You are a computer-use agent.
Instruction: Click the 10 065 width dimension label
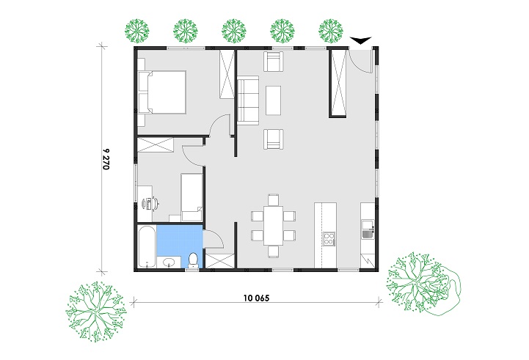[x=256, y=298]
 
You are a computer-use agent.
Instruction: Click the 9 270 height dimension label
[x=105, y=158]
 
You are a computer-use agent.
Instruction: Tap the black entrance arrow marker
[x=360, y=40]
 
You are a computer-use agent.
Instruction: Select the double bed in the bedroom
[x=162, y=92]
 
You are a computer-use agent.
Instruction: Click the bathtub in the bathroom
[x=147, y=247]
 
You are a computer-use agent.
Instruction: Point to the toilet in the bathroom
[x=193, y=260]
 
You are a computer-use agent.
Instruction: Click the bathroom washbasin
[x=168, y=262]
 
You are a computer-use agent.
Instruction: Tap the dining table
[x=273, y=225]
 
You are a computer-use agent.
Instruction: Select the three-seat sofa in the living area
[x=248, y=100]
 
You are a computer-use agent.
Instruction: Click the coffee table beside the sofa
[x=273, y=100]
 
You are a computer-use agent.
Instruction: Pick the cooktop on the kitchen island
[x=329, y=238]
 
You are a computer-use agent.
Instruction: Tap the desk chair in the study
[x=153, y=203]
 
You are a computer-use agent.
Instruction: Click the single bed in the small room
[x=191, y=197]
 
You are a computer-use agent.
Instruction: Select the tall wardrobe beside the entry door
[x=338, y=83]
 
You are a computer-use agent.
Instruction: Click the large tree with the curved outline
[x=423, y=284]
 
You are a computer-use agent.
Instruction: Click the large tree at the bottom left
[x=96, y=312]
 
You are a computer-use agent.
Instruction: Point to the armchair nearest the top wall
[x=273, y=62]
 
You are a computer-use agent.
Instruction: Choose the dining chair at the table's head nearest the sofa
[x=273, y=199]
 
